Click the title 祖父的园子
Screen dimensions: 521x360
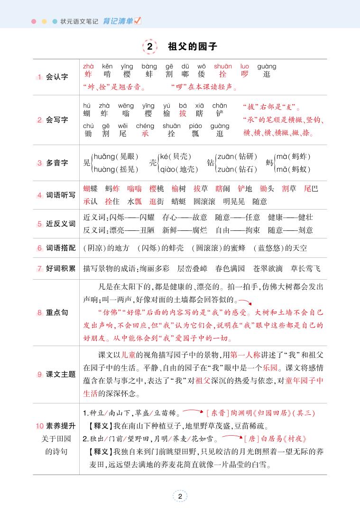tap(193, 47)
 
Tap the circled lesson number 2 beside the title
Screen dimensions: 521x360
tap(150, 47)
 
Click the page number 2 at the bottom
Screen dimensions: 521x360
tap(180, 496)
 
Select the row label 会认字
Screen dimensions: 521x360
tap(57, 77)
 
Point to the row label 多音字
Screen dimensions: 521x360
tap(57, 163)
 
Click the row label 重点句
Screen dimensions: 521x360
tap(57, 313)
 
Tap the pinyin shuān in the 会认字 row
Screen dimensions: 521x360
tap(222, 66)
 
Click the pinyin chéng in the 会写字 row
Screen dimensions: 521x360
tap(145, 126)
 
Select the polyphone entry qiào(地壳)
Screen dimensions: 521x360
tap(179, 169)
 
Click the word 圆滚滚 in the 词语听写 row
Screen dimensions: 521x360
tap(204, 201)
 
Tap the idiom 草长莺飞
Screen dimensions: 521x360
tap(305, 269)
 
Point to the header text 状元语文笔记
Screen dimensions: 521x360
tap(80, 21)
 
